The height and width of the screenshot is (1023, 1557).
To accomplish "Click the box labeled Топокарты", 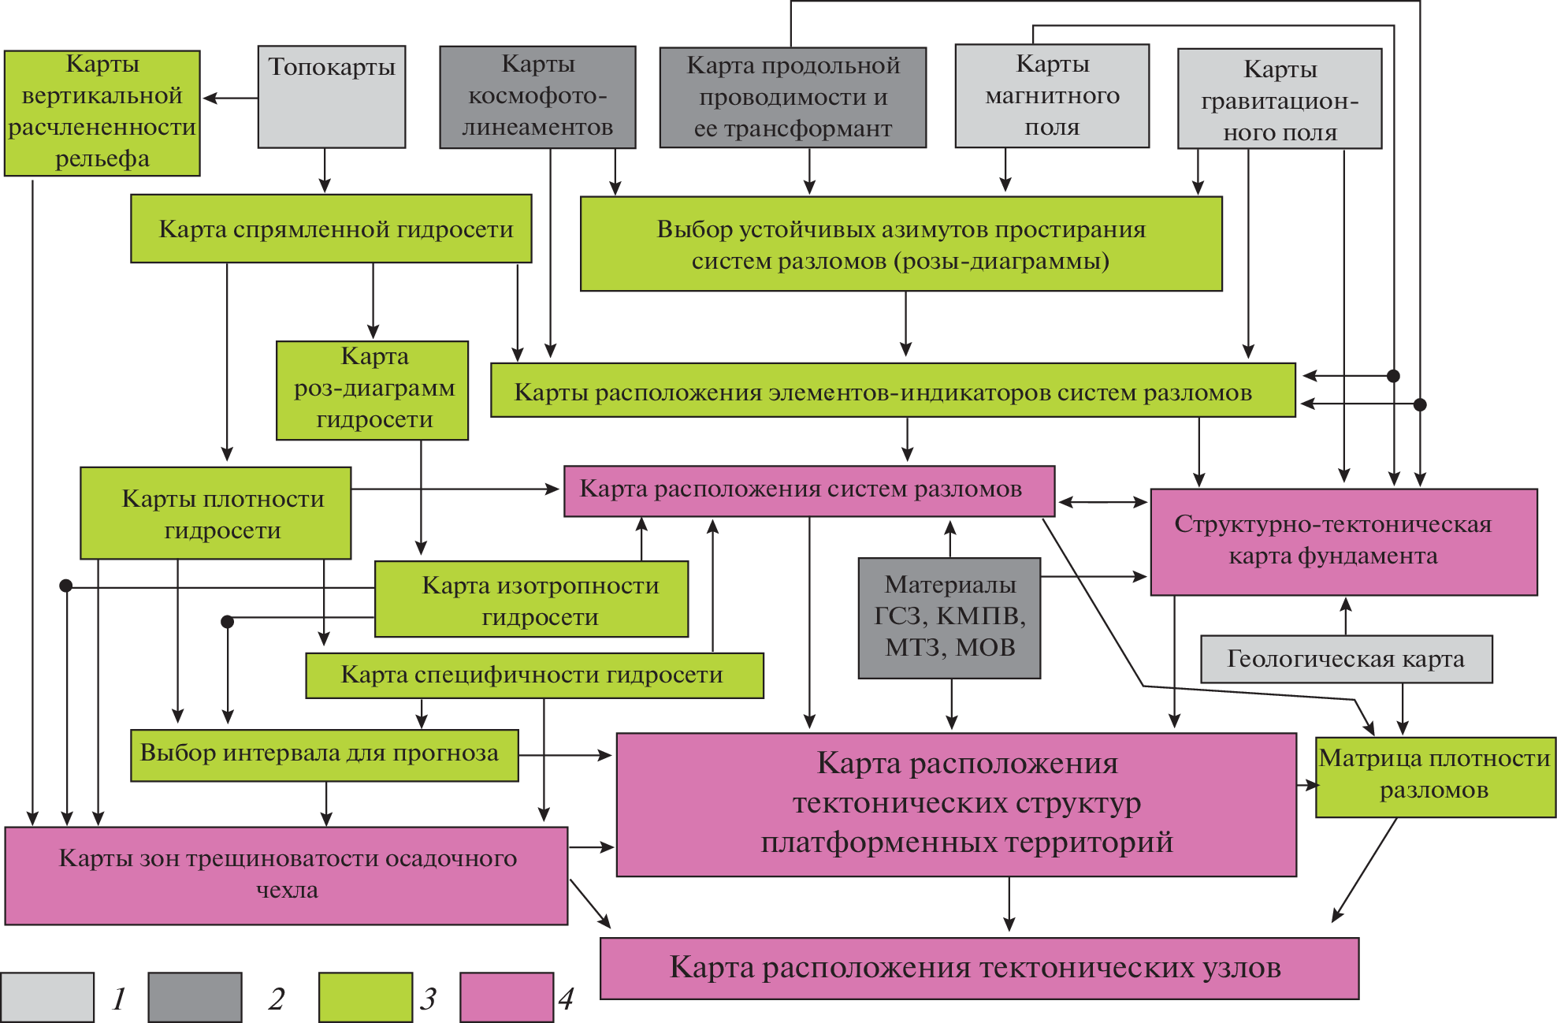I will click(x=332, y=97).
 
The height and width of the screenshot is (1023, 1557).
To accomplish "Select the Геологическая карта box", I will click(x=1346, y=659).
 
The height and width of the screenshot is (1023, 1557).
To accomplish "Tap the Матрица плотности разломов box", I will click(x=1435, y=776).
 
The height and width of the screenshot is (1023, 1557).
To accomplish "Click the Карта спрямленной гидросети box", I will click(x=331, y=229).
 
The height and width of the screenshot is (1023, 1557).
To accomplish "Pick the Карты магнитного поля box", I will click(x=1052, y=96).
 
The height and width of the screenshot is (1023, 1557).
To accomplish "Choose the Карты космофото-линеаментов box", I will click(x=537, y=97).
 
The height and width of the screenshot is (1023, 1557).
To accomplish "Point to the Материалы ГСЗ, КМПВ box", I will click(x=949, y=618).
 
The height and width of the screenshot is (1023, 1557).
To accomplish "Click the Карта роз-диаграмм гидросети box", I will click(x=373, y=390).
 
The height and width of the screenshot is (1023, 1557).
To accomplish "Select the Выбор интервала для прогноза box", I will click(x=325, y=755).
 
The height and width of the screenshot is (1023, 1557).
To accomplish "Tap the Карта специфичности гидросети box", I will click(x=534, y=675).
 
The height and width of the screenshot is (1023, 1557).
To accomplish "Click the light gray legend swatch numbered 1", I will click(x=47, y=997).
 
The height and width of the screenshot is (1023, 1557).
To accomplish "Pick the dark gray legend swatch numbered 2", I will click(x=195, y=997).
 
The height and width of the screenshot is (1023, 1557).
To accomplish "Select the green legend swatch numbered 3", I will click(x=366, y=997).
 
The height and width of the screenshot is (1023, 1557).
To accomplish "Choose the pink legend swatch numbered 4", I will click(x=507, y=997).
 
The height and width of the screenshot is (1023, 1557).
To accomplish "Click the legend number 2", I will click(x=276, y=999).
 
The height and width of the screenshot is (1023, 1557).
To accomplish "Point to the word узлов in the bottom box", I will click(x=1240, y=968).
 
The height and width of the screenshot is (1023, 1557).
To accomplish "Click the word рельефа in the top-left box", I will click(x=102, y=159).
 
